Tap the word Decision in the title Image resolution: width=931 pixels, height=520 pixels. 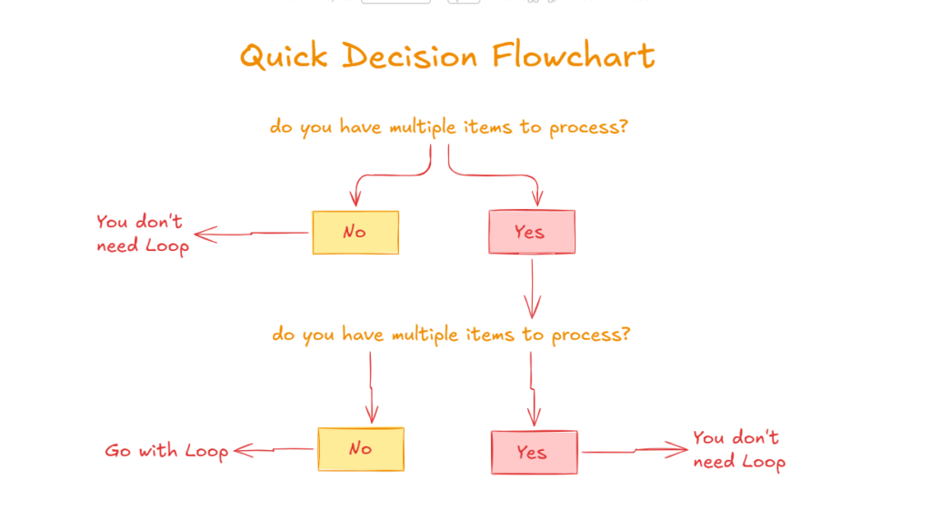pos(412,56)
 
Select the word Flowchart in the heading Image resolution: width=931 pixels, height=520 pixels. pos(573,55)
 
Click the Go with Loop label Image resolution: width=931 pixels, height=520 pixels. pos(166,451)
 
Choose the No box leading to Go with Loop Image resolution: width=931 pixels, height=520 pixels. pos(360,449)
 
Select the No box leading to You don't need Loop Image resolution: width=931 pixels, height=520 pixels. pos(355,233)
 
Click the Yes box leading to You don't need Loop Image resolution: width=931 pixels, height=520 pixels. pos(534,453)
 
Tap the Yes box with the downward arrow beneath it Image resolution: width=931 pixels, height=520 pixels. pos(531,232)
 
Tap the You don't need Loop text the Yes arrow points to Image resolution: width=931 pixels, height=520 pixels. pos(737,450)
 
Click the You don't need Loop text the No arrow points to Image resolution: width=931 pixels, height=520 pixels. pos(142,234)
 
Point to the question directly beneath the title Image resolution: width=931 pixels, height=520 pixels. pos(449,127)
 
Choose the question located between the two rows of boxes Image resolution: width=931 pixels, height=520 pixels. pos(451,335)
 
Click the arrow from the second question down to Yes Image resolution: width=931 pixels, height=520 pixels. pos(533,386)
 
